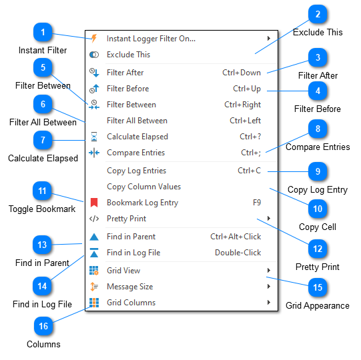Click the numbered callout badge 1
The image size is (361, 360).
coord(43,33)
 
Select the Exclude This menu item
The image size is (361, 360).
coord(128,55)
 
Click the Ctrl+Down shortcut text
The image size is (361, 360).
coord(242,73)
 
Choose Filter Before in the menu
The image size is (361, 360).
coord(127,89)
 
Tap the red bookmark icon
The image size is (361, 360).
coord(94,203)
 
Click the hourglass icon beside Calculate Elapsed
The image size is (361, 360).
coord(94,137)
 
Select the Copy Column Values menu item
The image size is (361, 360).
coord(143,187)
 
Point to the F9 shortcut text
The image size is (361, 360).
coord(256,203)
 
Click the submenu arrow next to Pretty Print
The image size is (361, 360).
coord(269,219)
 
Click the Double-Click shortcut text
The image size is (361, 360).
coord(238,253)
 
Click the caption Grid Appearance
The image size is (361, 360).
coord(317,305)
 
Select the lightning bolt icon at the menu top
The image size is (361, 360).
coord(94,39)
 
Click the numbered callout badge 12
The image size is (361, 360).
coord(318,249)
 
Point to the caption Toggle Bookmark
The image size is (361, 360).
coord(42,209)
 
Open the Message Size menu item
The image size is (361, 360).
coord(129,287)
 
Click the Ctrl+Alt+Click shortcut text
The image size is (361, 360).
coord(236,237)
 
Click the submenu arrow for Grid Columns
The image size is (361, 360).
coord(269,303)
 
